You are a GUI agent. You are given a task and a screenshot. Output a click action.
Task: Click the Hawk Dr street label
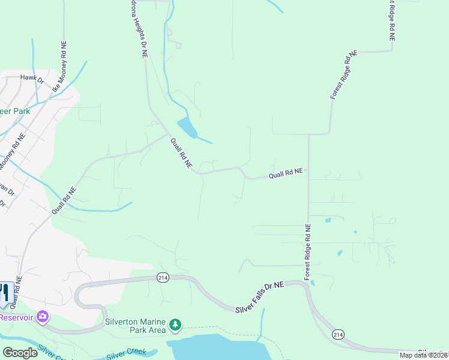(32, 78)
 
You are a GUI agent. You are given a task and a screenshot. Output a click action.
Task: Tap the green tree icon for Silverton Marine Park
(175, 325)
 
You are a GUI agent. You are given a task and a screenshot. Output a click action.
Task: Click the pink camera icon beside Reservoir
(42, 316)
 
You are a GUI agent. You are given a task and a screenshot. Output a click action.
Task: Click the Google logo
(20, 352)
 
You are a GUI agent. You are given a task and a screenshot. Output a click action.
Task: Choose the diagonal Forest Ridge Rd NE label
(343, 75)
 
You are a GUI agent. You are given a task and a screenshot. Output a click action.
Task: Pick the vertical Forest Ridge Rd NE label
(307, 252)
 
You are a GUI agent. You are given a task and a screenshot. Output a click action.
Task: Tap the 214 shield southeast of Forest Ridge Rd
(338, 334)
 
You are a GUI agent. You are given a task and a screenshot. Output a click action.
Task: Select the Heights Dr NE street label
(137, 27)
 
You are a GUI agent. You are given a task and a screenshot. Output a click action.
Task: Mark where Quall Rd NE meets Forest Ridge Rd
(308, 170)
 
